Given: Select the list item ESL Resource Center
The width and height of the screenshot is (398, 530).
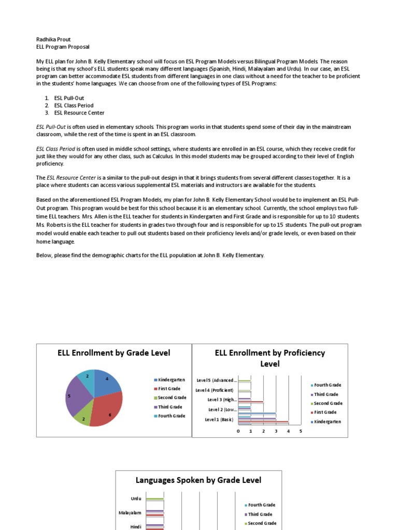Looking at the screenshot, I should tap(79, 113).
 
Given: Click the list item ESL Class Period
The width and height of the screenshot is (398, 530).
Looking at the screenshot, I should tap(74, 106).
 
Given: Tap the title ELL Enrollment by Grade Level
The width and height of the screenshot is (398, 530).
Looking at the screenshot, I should tap(113, 353).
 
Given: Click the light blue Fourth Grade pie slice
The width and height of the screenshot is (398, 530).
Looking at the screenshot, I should tap(86, 379).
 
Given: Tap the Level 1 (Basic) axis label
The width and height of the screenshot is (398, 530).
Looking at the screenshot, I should tap(219, 419).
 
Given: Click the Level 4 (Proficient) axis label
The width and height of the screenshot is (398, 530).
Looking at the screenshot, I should tap(215, 390).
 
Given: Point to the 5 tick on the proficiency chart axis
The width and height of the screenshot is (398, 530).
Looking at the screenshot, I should tap(301, 431).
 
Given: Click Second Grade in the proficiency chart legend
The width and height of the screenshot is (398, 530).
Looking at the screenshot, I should tap(328, 403).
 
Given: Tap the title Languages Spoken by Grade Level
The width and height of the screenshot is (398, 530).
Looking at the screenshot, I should tap(198, 480).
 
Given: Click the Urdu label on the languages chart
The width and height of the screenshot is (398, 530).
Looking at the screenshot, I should tap(136, 498).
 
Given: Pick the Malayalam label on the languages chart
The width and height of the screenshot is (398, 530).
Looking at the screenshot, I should tap(130, 513).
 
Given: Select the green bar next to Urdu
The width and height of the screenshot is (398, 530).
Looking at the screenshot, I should tap(154, 499).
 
